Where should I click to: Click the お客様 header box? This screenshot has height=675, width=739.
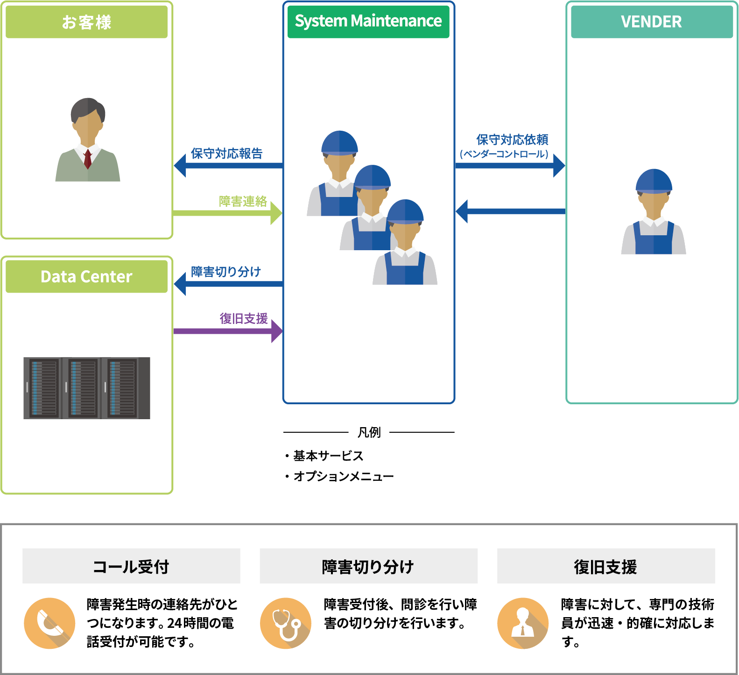(86, 22)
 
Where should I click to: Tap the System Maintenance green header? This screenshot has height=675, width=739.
(368, 21)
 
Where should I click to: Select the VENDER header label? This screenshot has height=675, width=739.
(651, 22)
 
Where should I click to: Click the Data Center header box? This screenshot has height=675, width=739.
(86, 276)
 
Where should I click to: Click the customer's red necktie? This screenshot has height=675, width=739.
(87, 159)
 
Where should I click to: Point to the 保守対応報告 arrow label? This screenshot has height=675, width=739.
(226, 154)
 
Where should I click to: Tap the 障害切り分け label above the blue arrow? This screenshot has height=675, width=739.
(226, 272)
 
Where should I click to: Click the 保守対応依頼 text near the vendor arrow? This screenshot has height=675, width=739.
(512, 140)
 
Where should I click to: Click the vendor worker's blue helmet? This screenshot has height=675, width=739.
(654, 181)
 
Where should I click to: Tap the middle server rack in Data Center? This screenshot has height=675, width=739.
(83, 387)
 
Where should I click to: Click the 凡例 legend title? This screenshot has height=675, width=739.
(369, 432)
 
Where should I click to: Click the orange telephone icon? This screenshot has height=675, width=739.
(49, 623)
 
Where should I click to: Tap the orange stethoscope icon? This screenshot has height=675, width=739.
(286, 623)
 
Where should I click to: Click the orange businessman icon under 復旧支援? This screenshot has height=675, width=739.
(523, 623)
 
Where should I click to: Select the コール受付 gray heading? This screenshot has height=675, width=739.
(131, 566)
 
